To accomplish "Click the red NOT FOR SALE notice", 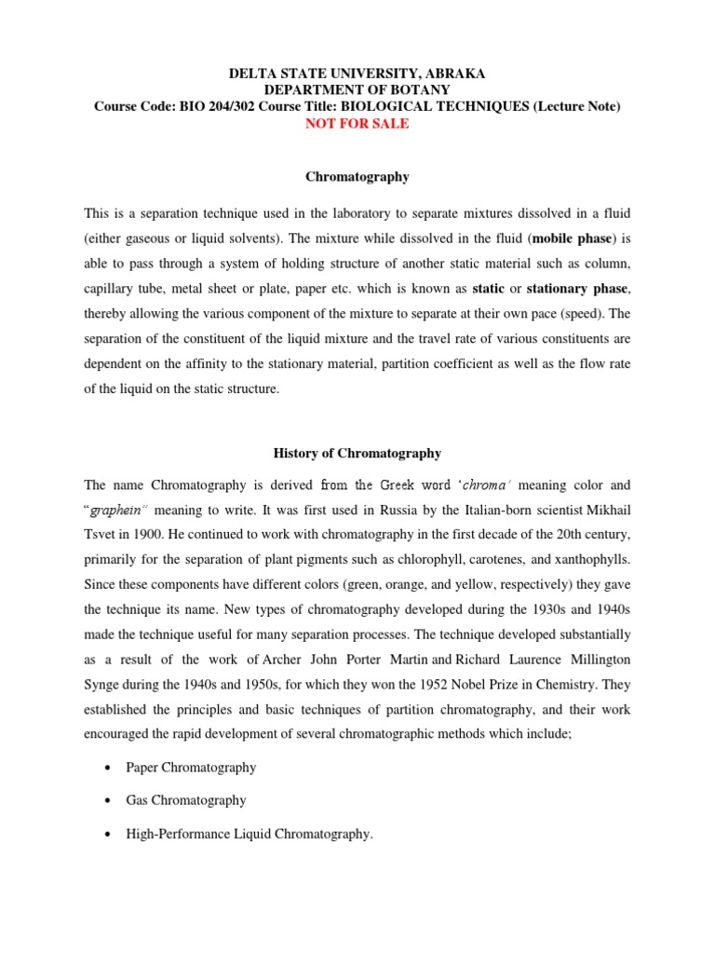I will pos(357,123).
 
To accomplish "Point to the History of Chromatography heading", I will pos(357,454).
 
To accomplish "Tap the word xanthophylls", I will pos(589,557).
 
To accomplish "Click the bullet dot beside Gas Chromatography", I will pos(108,800).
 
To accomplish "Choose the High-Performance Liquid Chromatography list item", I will pos(249,834).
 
